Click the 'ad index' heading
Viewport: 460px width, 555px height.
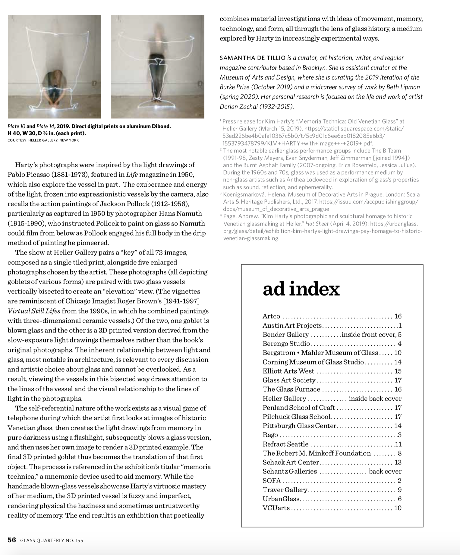pos(301,289)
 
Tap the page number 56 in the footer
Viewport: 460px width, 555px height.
pos(12,540)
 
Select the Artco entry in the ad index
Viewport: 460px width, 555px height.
pos(271,316)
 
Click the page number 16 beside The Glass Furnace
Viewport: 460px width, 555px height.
pos(398,389)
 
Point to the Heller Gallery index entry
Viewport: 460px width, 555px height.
pos(284,399)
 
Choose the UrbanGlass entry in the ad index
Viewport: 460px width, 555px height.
pos(281,499)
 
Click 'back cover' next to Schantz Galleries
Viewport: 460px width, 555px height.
pos(385,471)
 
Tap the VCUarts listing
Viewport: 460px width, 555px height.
pos(276,508)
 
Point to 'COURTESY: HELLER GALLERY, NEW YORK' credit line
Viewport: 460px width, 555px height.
pos(43,140)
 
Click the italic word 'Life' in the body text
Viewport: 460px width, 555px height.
pos(130,175)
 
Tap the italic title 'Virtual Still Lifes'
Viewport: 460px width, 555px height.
pos(34,311)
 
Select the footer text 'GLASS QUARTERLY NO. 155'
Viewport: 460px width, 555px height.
pos(52,541)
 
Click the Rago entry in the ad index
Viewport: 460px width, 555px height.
pos(270,435)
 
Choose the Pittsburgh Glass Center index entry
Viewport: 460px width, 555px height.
pos(299,426)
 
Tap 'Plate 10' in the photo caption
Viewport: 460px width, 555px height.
pos(16,127)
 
